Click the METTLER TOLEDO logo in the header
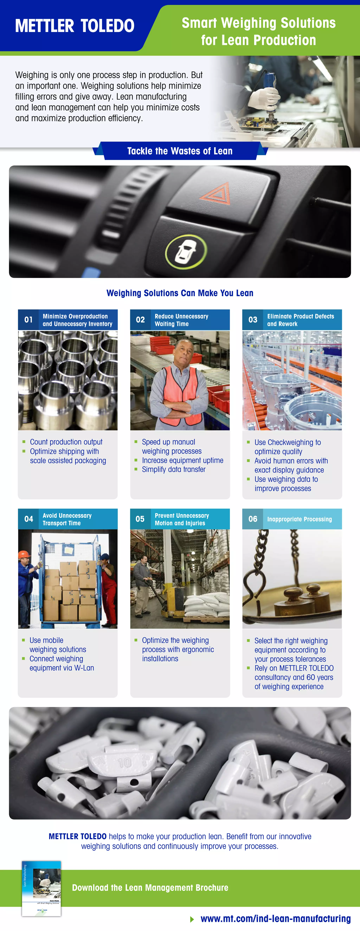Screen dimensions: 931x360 pos(75,26)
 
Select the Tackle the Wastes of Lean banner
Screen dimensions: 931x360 pos(180,151)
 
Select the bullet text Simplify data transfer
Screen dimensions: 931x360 pos(173,469)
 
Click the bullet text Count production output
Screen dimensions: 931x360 pos(66,442)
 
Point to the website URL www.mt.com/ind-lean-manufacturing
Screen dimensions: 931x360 pos(275,918)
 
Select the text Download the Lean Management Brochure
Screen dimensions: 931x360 pos(150,888)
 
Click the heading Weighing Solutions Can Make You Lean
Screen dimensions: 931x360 pos(180,293)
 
